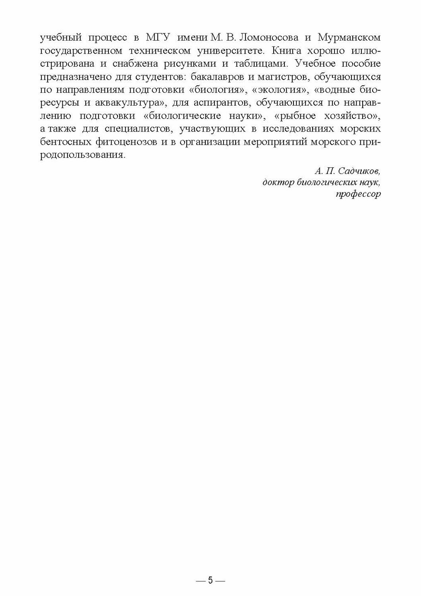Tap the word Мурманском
[x=349, y=38]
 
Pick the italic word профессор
[x=357, y=194]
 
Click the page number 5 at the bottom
[x=210, y=581]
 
